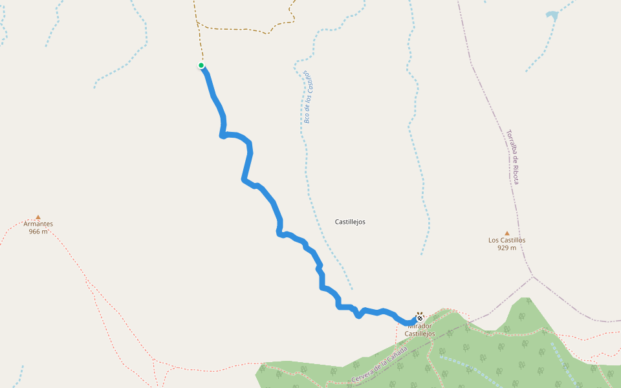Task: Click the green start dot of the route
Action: point(201,65)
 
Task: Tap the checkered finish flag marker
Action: point(420,318)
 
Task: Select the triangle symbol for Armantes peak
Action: point(38,217)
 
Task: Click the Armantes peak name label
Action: point(38,224)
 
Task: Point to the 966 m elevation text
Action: point(38,232)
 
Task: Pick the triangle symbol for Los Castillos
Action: point(507,233)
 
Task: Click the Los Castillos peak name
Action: point(507,241)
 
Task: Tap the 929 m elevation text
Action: point(507,248)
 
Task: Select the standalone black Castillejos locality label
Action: point(350,222)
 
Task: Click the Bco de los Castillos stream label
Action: point(311,97)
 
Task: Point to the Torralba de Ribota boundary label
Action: point(513,156)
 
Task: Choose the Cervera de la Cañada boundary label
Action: point(380,364)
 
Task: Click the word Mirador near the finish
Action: point(420,326)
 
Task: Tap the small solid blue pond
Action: point(552,15)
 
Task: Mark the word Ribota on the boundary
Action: point(516,173)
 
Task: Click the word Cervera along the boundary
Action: point(363,374)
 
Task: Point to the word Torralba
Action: point(510,141)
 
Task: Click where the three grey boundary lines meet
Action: point(532,277)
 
